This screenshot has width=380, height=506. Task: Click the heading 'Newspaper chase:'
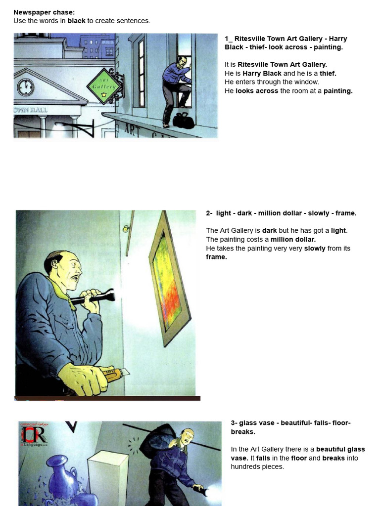point(44,12)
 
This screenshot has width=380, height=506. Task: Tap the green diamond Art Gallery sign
point(104,86)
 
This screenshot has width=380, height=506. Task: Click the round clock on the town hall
point(25,87)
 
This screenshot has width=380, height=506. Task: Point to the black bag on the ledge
point(184,121)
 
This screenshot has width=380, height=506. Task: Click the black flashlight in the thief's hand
point(95,297)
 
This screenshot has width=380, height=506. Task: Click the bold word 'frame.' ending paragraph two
point(216,257)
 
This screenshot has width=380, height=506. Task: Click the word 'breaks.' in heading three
point(243,431)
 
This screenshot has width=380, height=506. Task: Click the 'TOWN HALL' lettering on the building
point(31,110)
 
